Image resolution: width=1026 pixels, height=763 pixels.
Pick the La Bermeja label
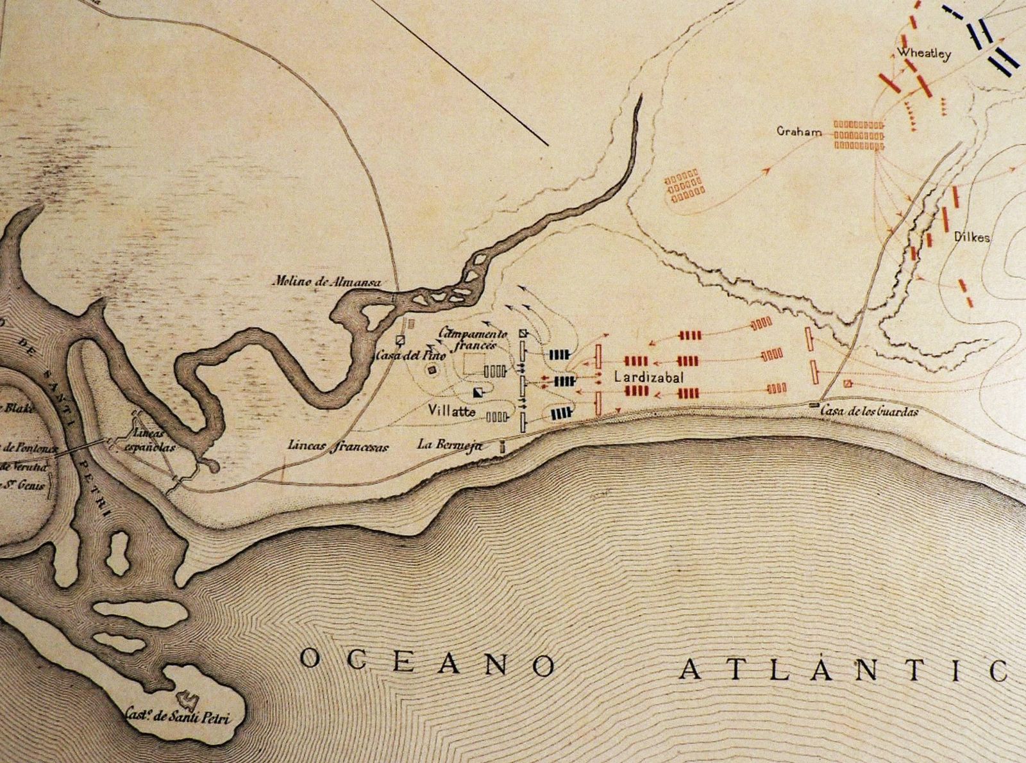(x=449, y=445)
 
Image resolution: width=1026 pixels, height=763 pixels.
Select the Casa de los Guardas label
(x=869, y=411)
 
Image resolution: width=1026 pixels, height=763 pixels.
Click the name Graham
(x=799, y=133)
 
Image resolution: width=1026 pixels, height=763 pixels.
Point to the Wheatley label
(x=923, y=54)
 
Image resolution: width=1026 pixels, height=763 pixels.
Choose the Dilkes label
(x=972, y=238)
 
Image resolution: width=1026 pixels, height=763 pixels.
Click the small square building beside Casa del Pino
(x=401, y=340)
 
